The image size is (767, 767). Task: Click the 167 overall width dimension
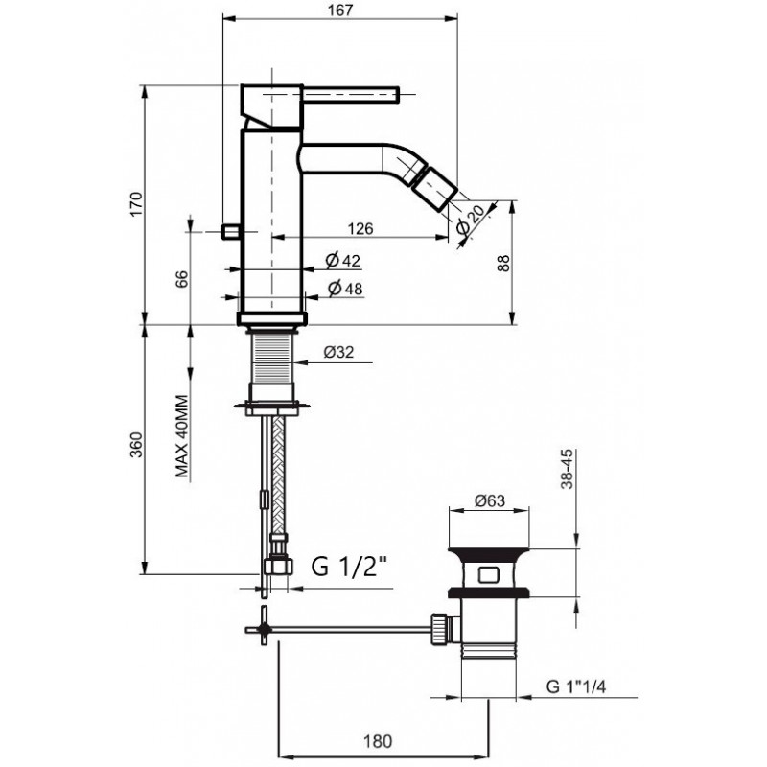point(340,10)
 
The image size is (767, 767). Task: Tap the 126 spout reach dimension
point(360,228)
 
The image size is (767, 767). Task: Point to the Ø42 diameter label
point(343,260)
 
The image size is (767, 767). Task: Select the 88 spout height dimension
point(503,263)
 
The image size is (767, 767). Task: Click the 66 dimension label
point(181,279)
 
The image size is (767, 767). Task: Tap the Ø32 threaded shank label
point(338,352)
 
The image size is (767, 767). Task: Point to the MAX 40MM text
point(182,436)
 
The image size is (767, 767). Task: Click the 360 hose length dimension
point(136,445)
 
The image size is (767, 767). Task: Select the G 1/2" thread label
point(349,567)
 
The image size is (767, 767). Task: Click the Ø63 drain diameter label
point(490,500)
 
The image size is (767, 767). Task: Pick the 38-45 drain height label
point(567,469)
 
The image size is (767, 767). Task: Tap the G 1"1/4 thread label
point(576,686)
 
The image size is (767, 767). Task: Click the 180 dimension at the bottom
point(378,741)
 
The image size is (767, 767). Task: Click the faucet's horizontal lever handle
point(351,94)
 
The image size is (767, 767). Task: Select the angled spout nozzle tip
point(435,188)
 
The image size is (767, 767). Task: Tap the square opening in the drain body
point(488,574)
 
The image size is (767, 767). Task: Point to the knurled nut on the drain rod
point(439,630)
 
